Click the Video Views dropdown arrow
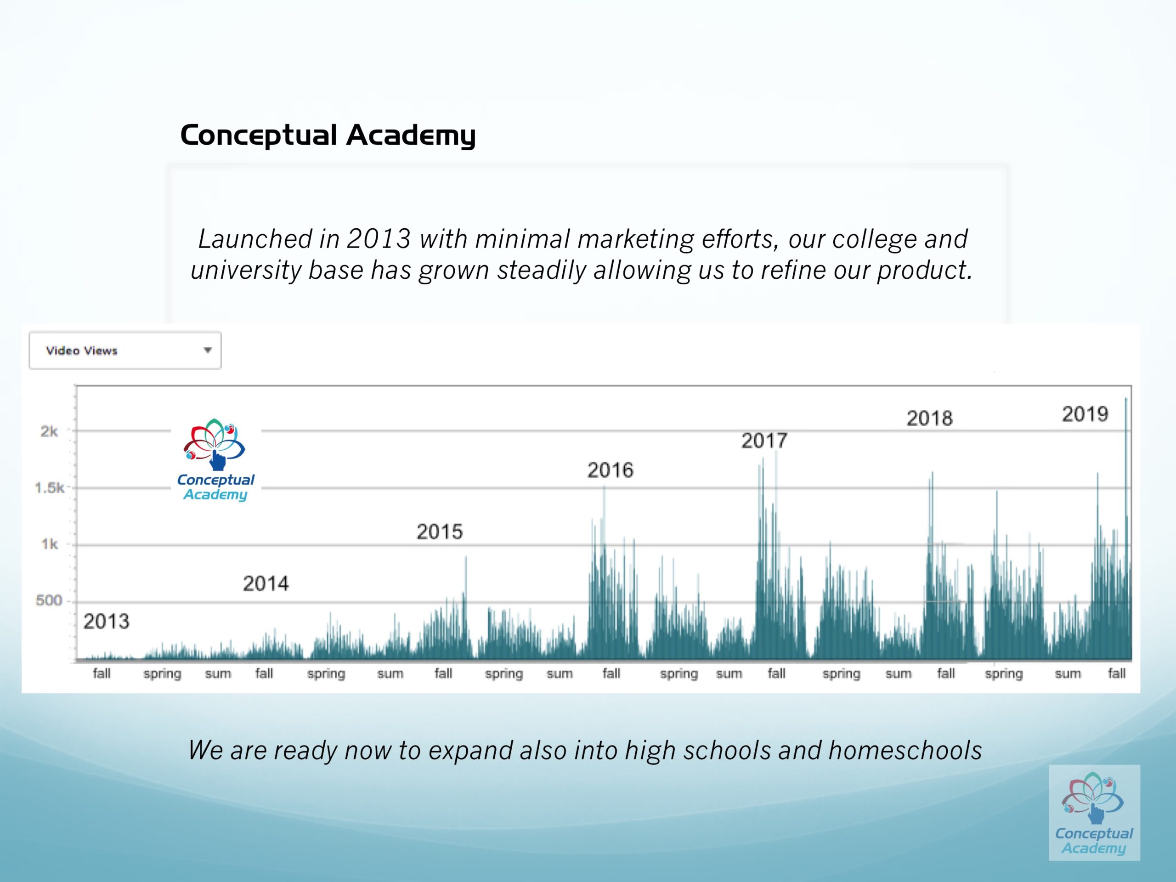coord(207,350)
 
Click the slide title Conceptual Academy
coord(328,135)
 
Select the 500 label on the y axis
coord(49,601)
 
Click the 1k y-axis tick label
coord(50,544)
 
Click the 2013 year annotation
coord(106,622)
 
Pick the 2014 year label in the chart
coord(266,584)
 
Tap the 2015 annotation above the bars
coord(440,531)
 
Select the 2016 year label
coord(611,470)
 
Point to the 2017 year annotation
coord(764,441)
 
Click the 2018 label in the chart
coord(929,418)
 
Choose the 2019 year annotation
coord(1085,414)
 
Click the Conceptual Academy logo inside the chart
coord(215,460)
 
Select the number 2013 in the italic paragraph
coord(379,239)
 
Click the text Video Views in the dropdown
coord(81,351)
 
